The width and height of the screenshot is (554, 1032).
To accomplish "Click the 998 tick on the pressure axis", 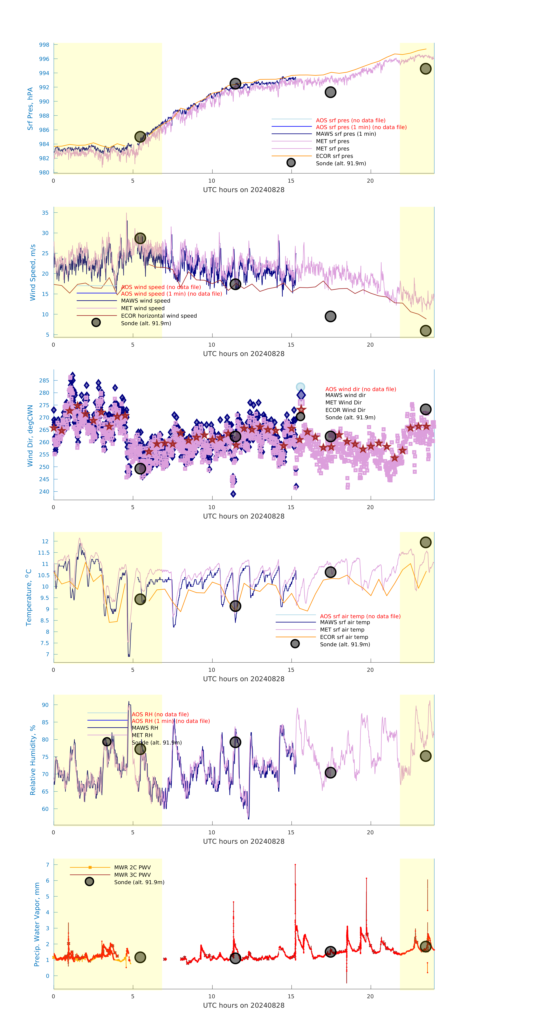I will (44, 45).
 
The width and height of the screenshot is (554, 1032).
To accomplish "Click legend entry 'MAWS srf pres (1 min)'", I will (346, 134).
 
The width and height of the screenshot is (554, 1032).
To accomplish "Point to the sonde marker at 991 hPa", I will (330, 92).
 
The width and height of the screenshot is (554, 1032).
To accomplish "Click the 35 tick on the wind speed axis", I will (45, 213).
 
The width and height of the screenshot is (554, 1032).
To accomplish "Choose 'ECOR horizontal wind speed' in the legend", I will (159, 316).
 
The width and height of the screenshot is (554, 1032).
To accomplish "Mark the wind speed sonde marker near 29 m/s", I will (140, 238).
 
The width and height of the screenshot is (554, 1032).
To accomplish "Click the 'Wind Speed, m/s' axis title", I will (33, 272).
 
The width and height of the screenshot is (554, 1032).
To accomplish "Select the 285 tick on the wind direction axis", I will (44, 381).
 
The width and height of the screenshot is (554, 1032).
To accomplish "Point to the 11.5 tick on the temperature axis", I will (44, 552).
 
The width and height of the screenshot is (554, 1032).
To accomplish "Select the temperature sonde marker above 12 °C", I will (425, 542).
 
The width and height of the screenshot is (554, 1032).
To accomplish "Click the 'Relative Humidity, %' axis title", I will (33, 760).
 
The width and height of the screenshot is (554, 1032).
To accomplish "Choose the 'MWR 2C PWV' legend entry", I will (132, 867).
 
